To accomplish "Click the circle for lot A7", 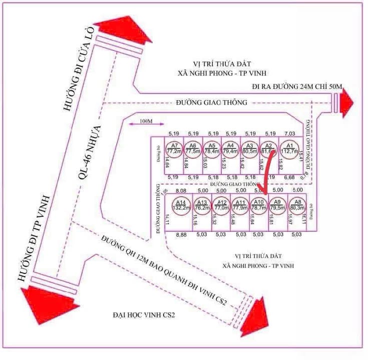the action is click(x=173, y=149).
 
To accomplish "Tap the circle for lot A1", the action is click(x=289, y=149).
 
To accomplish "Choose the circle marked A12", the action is click(x=220, y=206).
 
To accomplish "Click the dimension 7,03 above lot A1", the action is click(x=289, y=133).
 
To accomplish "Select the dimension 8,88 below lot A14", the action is click(x=181, y=233).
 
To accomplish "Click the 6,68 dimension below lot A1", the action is click(x=289, y=177).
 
